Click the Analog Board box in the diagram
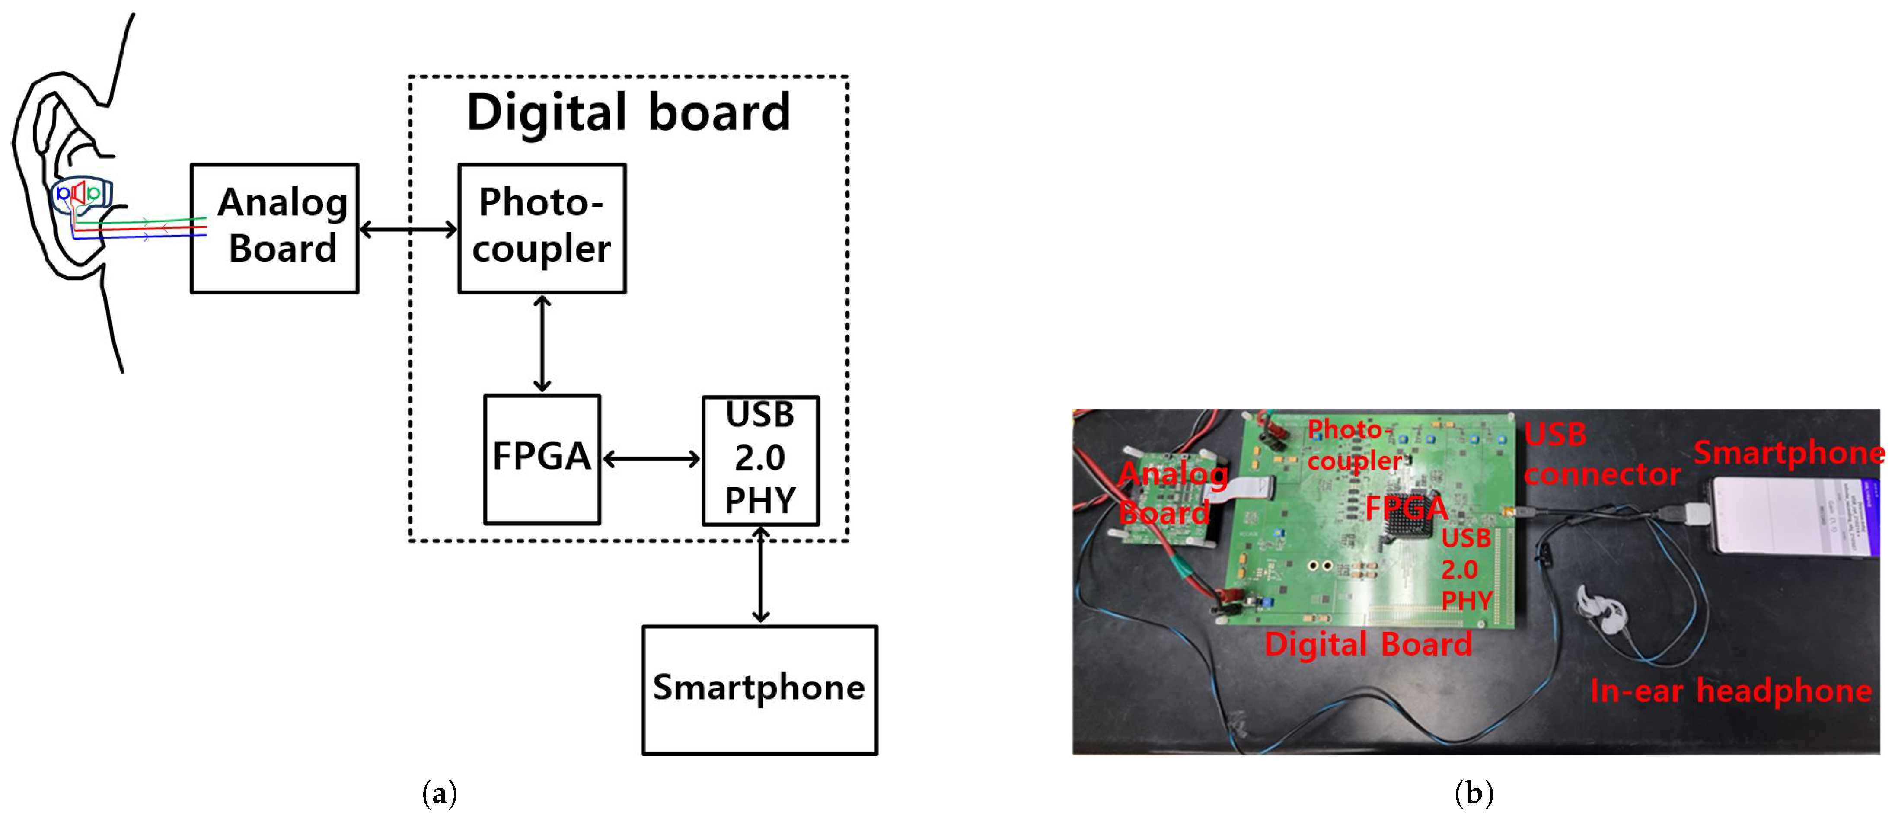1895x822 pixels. (x=274, y=228)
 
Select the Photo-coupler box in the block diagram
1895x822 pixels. (x=542, y=228)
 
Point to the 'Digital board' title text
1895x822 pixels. (x=629, y=112)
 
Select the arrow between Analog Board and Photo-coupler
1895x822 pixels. (x=408, y=230)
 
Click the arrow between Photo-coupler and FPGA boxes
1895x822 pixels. (x=542, y=343)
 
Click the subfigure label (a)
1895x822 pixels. (x=440, y=793)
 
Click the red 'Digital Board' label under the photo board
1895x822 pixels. (x=1368, y=644)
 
